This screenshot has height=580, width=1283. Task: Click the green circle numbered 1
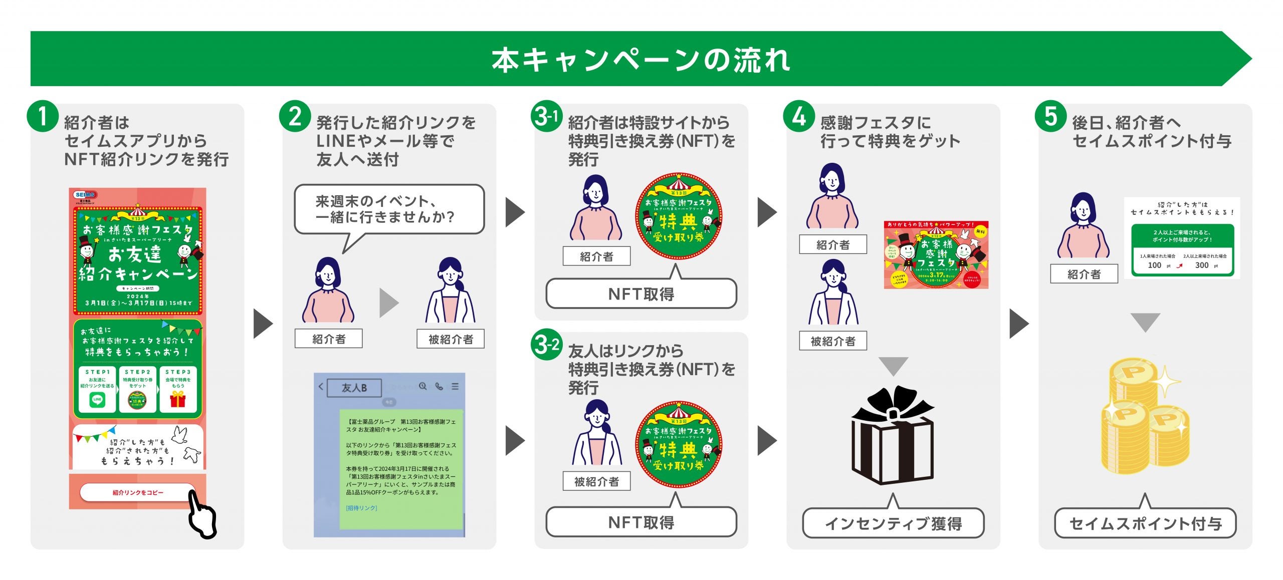43,117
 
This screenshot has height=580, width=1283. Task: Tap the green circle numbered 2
295,117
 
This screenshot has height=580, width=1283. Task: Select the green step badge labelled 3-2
546,345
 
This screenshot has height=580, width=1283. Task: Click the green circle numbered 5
1050,117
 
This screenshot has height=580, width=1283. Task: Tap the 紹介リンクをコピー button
137,492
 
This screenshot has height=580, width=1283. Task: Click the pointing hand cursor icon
202,516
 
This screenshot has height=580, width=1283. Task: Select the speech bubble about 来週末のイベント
389,209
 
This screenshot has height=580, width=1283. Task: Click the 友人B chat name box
354,388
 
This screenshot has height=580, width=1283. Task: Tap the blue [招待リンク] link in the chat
361,508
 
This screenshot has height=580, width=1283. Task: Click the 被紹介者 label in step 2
451,339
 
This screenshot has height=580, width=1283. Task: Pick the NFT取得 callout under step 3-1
641,294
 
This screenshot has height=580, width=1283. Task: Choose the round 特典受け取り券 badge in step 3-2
678,444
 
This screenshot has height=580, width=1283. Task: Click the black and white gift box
893,436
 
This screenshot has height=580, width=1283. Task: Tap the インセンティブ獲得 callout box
893,523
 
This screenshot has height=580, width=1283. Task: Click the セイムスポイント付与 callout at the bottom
1145,523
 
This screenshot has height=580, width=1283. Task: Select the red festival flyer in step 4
936,255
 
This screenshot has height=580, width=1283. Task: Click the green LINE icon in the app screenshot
97,399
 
